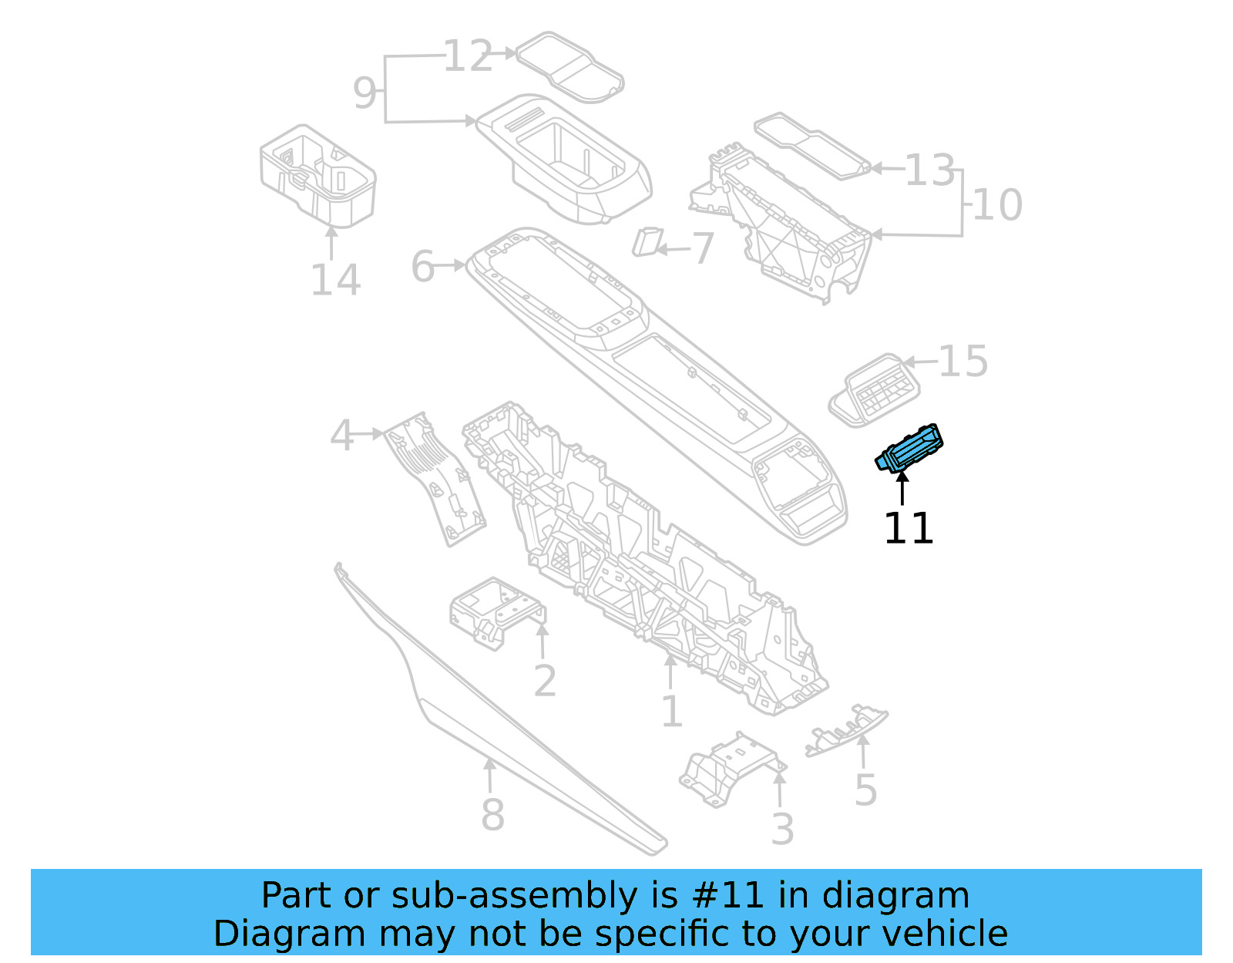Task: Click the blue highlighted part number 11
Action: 909,450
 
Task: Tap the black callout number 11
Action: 908,529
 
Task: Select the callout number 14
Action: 334,280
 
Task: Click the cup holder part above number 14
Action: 317,176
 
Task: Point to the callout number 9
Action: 365,93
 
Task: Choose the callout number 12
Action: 468,56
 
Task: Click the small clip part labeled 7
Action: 646,241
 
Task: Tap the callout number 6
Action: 423,267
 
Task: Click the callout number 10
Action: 998,205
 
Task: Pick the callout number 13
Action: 929,170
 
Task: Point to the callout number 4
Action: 341,436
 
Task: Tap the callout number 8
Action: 492,814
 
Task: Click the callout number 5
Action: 865,790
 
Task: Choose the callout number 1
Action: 672,711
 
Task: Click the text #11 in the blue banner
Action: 728,896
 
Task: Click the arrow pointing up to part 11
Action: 902,489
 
